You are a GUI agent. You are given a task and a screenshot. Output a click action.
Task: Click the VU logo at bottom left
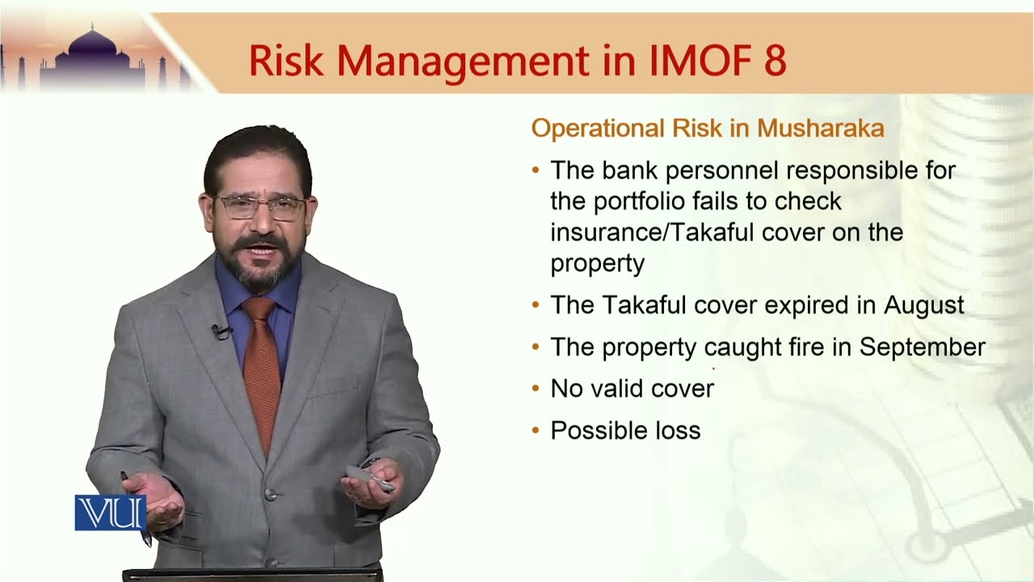[110, 512]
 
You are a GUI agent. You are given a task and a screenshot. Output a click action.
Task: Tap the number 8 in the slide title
[774, 61]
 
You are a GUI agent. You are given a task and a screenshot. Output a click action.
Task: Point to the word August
[923, 306]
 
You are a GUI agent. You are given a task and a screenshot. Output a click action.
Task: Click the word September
[922, 347]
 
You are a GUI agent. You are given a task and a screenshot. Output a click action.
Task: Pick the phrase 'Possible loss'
[624, 431]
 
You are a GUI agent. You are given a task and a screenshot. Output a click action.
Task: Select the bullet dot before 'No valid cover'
[536, 389]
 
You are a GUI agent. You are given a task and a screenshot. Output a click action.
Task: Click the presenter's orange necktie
[261, 364]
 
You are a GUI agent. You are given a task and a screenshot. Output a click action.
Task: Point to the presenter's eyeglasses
[259, 207]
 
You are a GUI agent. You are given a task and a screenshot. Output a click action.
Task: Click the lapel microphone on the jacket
[218, 331]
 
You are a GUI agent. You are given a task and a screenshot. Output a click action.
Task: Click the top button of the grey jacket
[269, 495]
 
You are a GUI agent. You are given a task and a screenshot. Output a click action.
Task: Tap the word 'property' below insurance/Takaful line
[597, 264]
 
